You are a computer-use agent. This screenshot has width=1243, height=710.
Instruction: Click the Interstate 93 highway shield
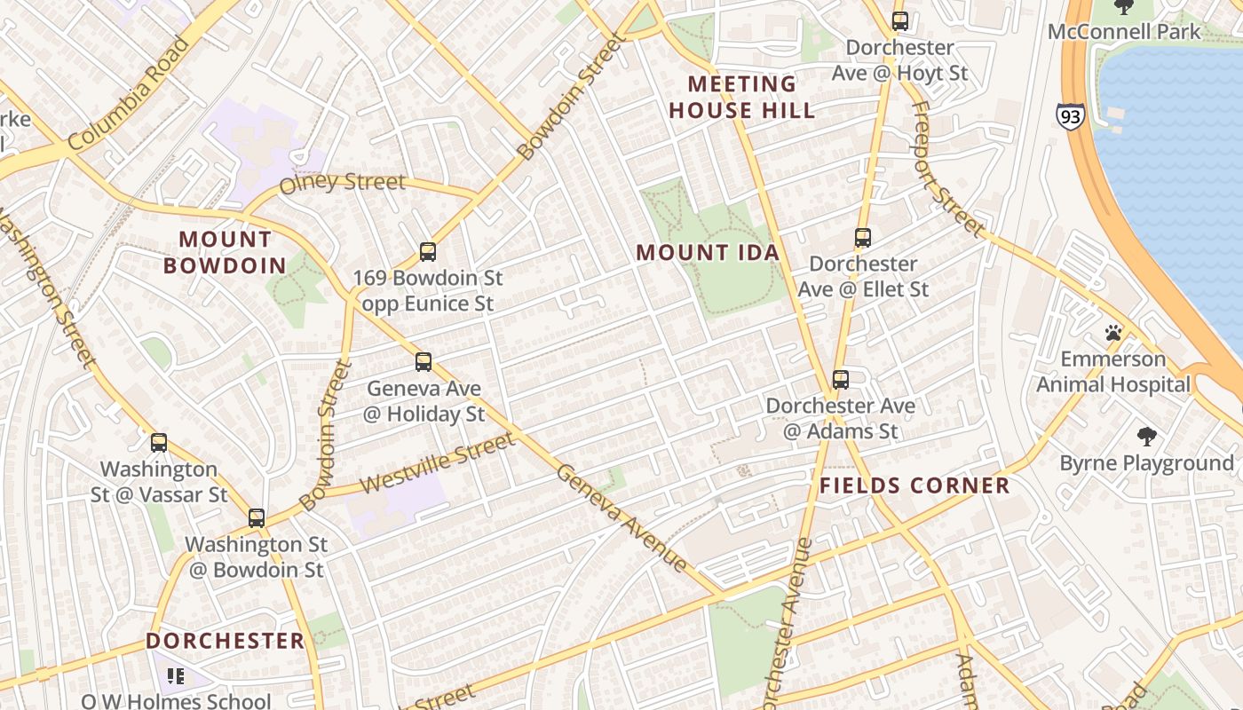tap(1070, 116)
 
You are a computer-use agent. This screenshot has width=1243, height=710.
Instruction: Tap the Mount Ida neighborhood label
tap(708, 252)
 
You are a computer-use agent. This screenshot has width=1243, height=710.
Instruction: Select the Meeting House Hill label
tap(741, 98)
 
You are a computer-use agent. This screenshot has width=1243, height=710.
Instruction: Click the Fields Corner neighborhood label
tap(914, 485)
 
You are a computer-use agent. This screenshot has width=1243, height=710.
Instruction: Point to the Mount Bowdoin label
tap(226, 252)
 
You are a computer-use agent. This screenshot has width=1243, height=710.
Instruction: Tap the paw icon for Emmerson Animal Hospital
tap(1112, 333)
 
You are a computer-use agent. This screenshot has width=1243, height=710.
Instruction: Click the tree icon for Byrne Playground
tap(1146, 436)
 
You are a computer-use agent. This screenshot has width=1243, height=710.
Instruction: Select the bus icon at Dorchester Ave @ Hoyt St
tap(899, 21)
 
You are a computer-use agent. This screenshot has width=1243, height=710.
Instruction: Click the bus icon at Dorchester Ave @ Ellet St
tap(862, 238)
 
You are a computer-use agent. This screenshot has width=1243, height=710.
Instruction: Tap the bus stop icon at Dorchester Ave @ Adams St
tap(840, 380)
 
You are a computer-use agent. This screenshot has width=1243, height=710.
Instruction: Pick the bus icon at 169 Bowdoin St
tap(427, 252)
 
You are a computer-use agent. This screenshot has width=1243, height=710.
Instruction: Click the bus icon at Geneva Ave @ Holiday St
tap(424, 362)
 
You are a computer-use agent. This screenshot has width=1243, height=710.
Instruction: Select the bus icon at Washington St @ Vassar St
tap(159, 442)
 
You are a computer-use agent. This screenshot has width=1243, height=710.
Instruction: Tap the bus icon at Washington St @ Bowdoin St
tap(256, 517)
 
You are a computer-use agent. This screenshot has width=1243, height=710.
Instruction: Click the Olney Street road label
tap(342, 184)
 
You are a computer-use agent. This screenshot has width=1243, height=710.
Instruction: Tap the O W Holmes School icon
tap(176, 676)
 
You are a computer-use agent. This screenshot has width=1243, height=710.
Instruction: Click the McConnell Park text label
tap(1124, 32)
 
